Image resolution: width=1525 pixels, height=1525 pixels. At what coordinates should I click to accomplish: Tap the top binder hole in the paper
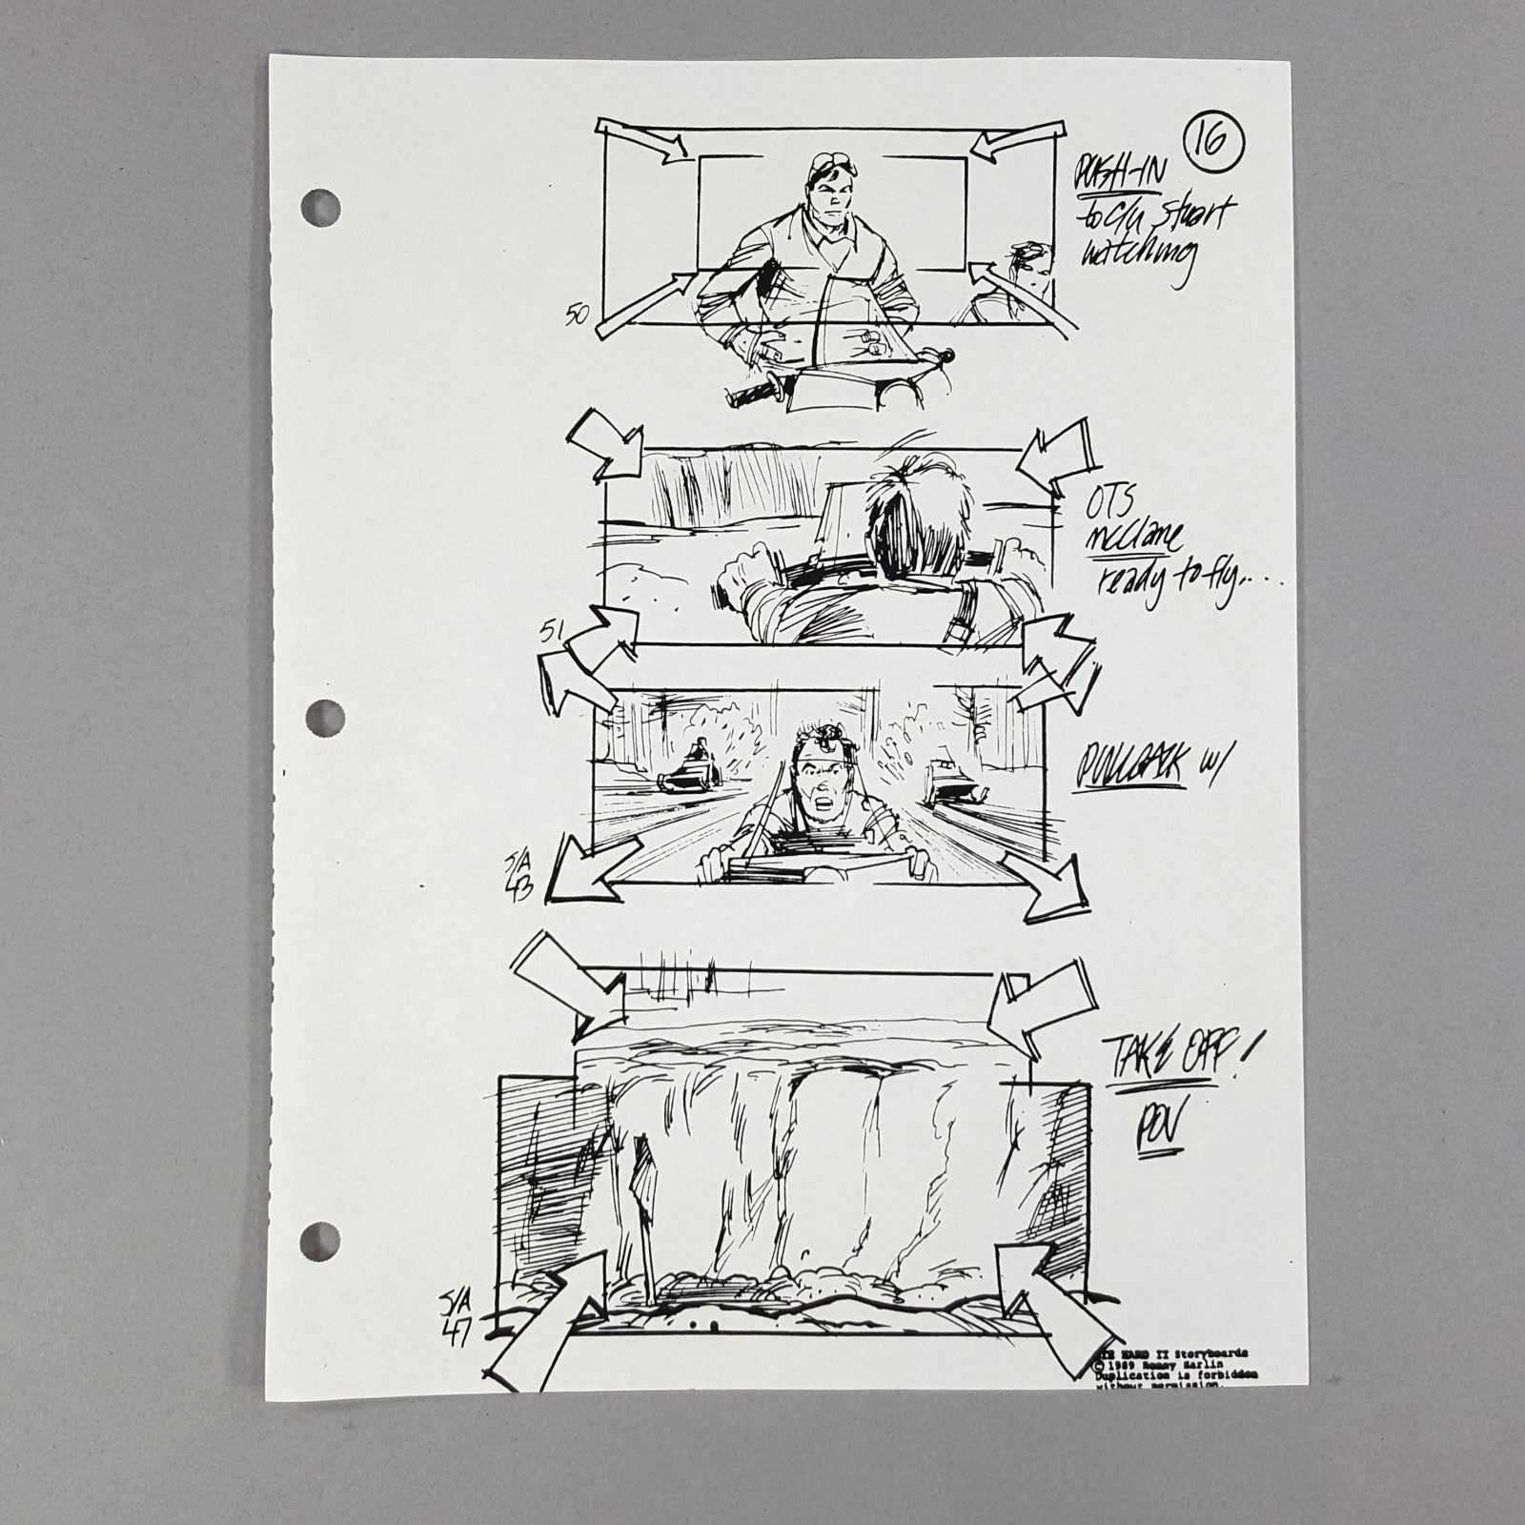[x=321, y=209]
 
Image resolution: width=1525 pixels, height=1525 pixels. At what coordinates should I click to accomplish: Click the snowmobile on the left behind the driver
[x=691, y=768]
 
